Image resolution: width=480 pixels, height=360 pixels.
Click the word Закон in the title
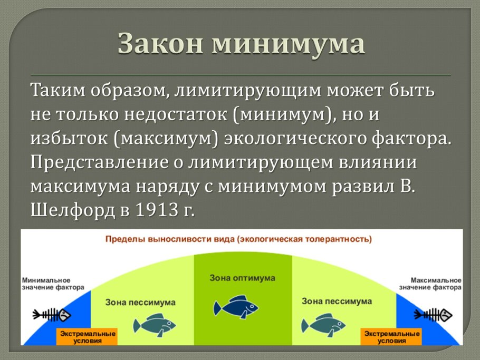pyautogui.click(x=160, y=43)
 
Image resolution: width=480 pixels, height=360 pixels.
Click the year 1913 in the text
pyautogui.click(x=157, y=210)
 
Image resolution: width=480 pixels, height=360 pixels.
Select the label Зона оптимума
pyautogui.click(x=242, y=278)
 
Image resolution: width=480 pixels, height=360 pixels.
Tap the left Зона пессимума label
pyautogui.click(x=140, y=303)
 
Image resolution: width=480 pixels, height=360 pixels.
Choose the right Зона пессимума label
pyautogui.click(x=337, y=301)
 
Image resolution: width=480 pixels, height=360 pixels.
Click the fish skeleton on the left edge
pyautogui.click(x=52, y=315)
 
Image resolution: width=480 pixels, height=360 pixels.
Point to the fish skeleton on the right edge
pyautogui.click(x=433, y=315)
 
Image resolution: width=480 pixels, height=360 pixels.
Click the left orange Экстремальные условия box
pyautogui.click(x=87, y=337)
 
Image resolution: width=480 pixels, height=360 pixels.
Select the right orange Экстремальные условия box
pyautogui.click(x=391, y=337)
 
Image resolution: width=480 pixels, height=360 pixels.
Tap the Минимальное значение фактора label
pyautogui.click(x=53, y=284)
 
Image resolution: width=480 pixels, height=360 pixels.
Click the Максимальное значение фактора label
pyautogui.click(x=430, y=284)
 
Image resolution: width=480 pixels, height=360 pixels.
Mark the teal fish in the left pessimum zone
pyautogui.click(x=154, y=325)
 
